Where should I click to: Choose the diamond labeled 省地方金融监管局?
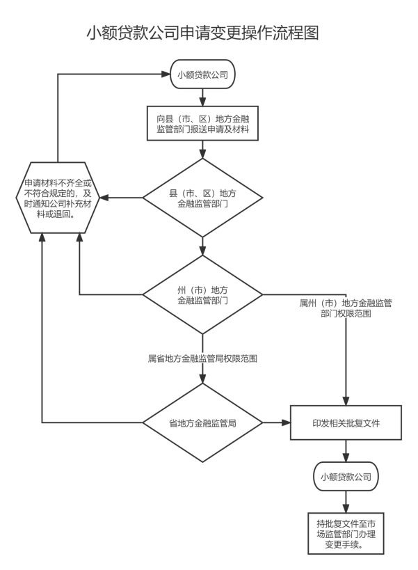click(202, 422)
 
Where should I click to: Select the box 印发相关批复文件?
click(346, 422)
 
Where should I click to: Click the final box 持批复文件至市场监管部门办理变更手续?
click(346, 533)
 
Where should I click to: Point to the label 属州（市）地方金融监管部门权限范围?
click(346, 308)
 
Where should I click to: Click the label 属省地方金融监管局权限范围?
click(202, 360)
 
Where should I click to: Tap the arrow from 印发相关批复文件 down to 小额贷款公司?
click(346, 451)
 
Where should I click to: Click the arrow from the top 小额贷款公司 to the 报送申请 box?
click(202, 96)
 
